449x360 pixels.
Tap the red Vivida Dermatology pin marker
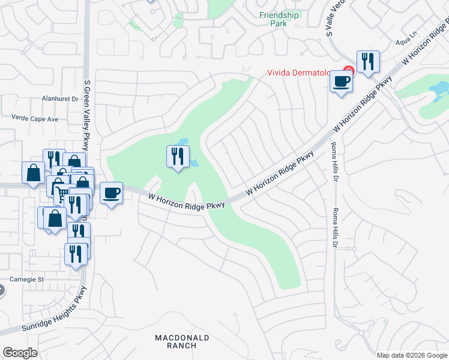coord(348,71)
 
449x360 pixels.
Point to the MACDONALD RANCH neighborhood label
coord(182,341)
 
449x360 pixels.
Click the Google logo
coord(20,353)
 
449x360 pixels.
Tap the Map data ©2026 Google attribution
coord(412,355)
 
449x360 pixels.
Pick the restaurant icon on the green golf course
coord(177,157)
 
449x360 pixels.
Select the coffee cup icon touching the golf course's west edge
coord(111,193)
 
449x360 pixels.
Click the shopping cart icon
coord(62,194)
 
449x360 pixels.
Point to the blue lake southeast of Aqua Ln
coord(439,90)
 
